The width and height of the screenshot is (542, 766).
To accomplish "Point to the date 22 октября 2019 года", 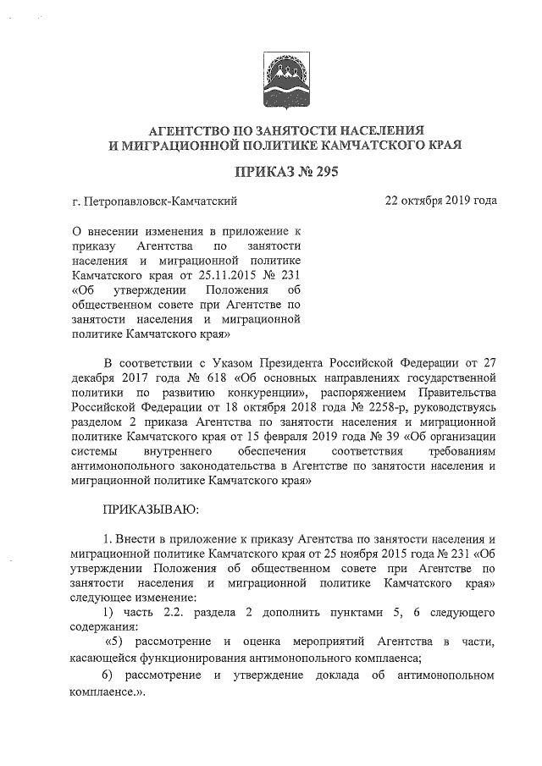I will [440, 201].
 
